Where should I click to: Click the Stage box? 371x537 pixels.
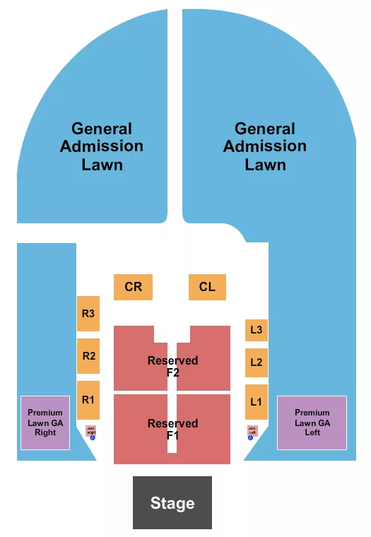172,503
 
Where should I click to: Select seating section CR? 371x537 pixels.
133,287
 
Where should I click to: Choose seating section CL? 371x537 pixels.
207,287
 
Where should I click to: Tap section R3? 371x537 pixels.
88,313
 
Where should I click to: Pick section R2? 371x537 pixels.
88,356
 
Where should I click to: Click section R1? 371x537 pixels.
88,399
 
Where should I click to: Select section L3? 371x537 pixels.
257,329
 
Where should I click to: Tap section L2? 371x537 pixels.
257,362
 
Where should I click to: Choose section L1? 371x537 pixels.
257,401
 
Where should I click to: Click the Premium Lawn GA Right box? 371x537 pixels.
45,423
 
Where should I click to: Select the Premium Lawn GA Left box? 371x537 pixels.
312,423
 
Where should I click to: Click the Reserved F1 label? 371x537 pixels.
172,429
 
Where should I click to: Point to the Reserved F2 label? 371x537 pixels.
172,365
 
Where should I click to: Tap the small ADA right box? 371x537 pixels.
90,429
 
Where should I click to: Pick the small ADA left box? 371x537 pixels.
252,429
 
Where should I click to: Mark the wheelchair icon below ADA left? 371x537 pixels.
250,437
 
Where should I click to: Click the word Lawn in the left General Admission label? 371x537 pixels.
102,165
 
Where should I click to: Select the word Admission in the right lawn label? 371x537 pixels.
265,146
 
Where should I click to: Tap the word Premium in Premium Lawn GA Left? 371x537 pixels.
312,413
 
